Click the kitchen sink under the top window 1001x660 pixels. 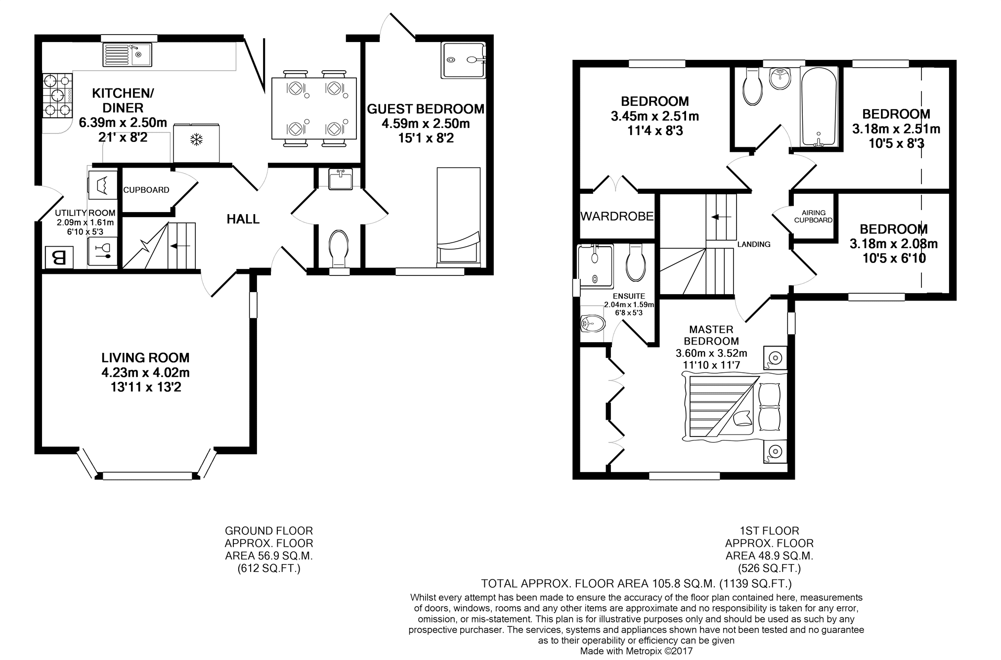click(127, 54)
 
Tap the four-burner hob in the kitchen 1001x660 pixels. click(58, 95)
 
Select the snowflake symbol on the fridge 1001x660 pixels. click(197, 140)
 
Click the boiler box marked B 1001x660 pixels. click(59, 258)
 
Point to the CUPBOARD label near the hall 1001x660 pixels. click(146, 190)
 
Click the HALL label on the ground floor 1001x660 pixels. click(243, 219)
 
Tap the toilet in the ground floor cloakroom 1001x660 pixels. click(339, 249)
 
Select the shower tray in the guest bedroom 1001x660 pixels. click(463, 60)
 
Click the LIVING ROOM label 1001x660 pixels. click(145, 357)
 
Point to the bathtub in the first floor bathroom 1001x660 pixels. click(819, 107)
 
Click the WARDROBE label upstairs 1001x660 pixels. click(617, 216)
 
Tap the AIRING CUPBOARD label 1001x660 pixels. click(814, 217)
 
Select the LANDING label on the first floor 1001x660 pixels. click(754, 244)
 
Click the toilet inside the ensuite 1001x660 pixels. click(636, 262)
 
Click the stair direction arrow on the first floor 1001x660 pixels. click(721, 217)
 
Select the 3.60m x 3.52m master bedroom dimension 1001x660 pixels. click(711, 353)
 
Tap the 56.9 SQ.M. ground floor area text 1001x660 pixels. click(269, 556)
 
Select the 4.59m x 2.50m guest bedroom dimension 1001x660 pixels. click(426, 124)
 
